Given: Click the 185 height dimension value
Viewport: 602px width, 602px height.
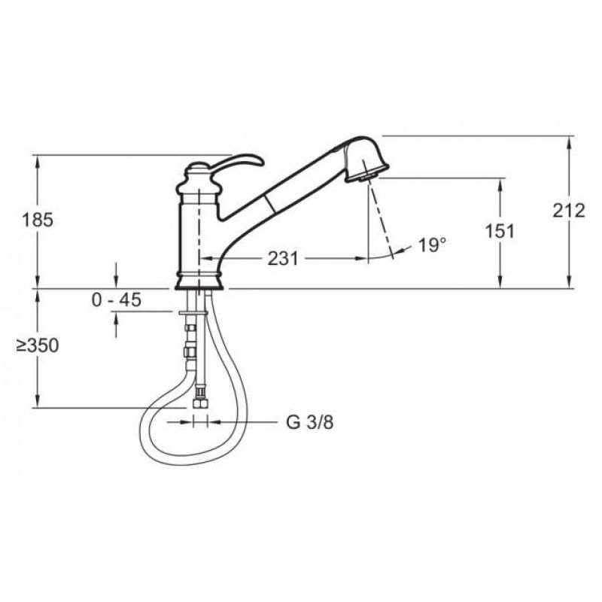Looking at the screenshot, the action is pyautogui.click(x=38, y=220).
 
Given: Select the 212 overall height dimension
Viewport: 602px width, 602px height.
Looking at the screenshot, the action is pyautogui.click(x=569, y=211).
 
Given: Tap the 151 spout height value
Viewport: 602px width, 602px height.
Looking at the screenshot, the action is pyautogui.click(x=500, y=231).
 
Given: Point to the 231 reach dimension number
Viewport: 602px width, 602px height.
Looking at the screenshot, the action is pyautogui.click(x=283, y=258).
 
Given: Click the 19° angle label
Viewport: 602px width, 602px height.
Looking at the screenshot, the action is pyautogui.click(x=432, y=245).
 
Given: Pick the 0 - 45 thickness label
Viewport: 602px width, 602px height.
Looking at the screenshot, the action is pyautogui.click(x=117, y=299).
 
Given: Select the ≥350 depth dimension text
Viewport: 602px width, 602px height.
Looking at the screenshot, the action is pyautogui.click(x=38, y=345).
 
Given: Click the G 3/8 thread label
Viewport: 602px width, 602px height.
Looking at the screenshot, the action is pyautogui.click(x=310, y=423).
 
